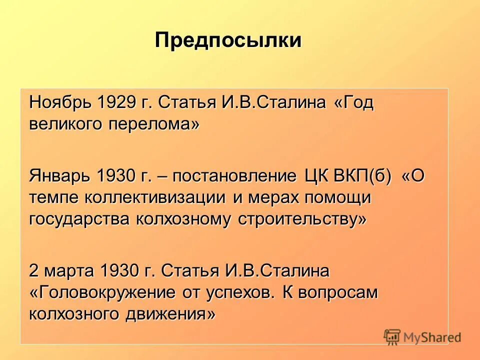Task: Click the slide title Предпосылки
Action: pos(228,40)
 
